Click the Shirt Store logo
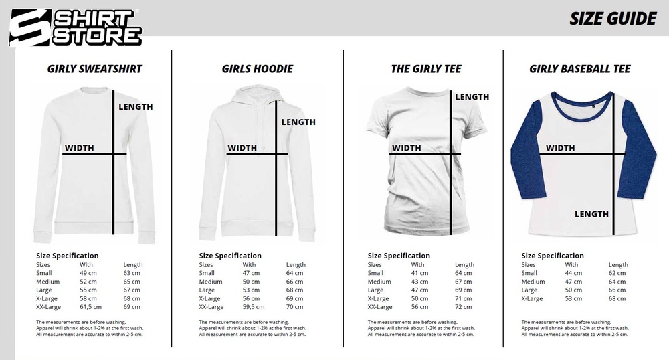(x=76, y=27)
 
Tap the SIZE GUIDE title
(x=613, y=19)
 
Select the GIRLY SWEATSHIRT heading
(x=94, y=68)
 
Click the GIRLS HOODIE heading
(x=257, y=68)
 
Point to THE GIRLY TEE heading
(x=425, y=68)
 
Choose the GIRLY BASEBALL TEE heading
(x=579, y=68)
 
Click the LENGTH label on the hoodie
(x=298, y=122)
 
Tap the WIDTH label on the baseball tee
(x=560, y=148)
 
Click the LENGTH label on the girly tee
(x=472, y=97)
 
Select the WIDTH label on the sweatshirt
(x=79, y=148)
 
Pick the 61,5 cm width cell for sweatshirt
(x=91, y=307)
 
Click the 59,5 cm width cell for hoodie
(x=254, y=307)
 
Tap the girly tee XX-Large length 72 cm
(x=464, y=307)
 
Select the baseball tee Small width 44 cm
(x=573, y=273)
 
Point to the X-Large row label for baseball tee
(x=534, y=298)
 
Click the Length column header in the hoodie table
(x=296, y=265)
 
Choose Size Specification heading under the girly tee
(x=399, y=256)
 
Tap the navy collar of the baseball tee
(x=579, y=101)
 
